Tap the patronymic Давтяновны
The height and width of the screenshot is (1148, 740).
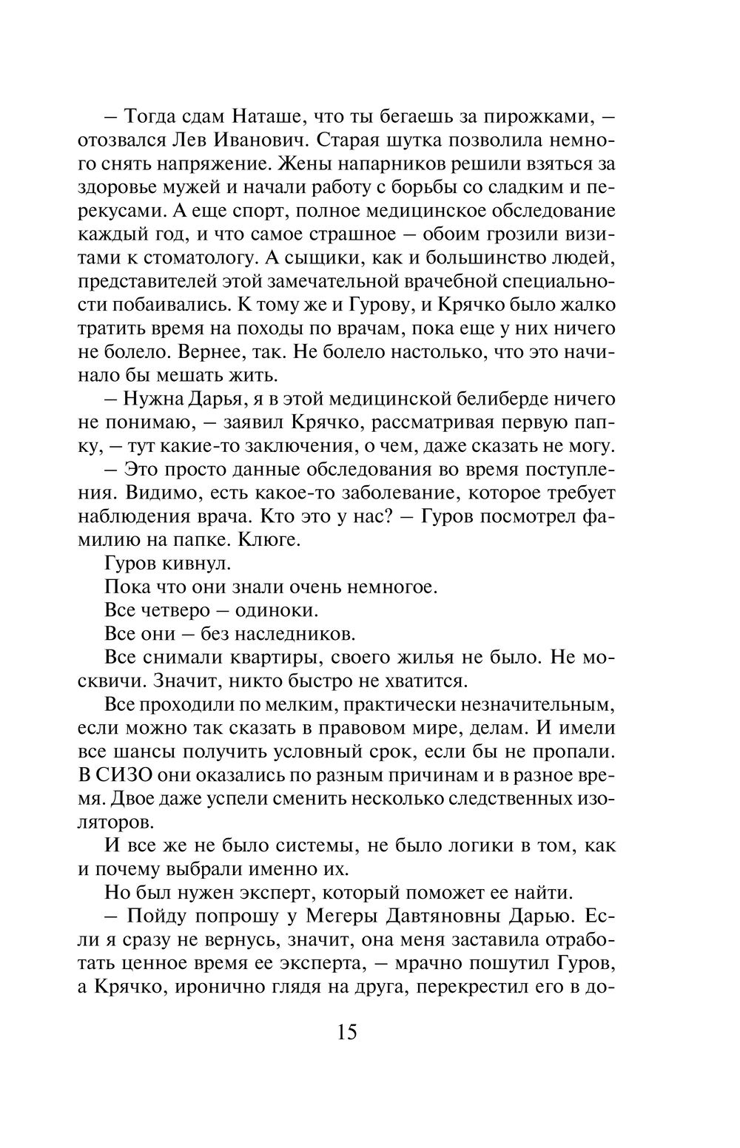point(463,916)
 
